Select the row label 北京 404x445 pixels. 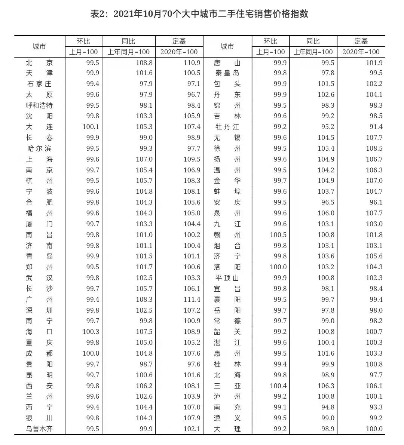(x=39, y=63)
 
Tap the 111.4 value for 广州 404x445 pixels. (x=192, y=300)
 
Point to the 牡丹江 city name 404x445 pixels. (x=227, y=127)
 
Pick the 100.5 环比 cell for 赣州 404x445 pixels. (x=278, y=235)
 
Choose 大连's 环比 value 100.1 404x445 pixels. (x=91, y=127)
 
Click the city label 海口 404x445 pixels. (x=39, y=332)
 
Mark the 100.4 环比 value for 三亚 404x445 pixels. (x=278, y=386)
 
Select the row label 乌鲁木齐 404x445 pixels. (x=39, y=429)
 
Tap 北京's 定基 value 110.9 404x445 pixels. (x=192, y=63)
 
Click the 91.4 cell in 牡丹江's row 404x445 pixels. (x=374, y=127)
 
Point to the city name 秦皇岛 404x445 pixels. (x=227, y=73)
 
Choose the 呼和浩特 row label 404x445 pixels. (x=39, y=105)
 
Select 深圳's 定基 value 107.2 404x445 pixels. (x=192, y=310)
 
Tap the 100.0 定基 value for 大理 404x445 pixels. (x=374, y=429)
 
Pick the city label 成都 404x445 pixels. (x=39, y=353)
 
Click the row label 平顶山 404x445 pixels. (x=227, y=278)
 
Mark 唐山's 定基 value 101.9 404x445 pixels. (x=374, y=63)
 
